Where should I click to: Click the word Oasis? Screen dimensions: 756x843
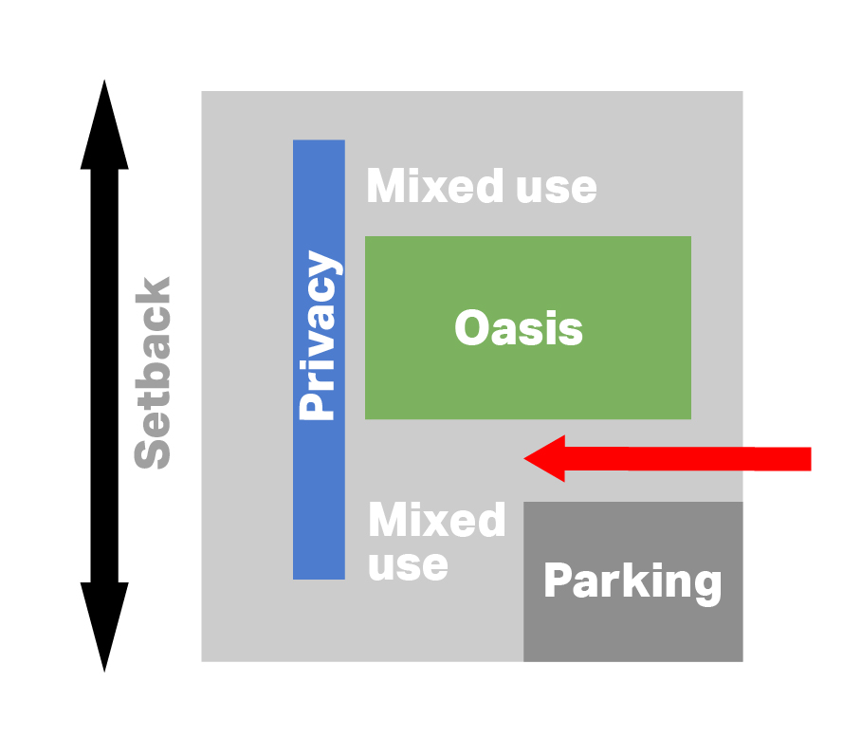pos(518,329)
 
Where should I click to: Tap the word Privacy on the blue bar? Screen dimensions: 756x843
pos(319,336)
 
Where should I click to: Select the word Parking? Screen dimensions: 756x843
pos(632,581)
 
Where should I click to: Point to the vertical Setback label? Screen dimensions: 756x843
pos(154,372)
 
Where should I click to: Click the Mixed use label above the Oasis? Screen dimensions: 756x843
pos(482,187)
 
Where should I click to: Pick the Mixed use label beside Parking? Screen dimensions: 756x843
pos(436,542)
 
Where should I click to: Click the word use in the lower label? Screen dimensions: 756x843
pos(408,565)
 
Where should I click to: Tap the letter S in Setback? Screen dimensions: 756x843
pos(154,452)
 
